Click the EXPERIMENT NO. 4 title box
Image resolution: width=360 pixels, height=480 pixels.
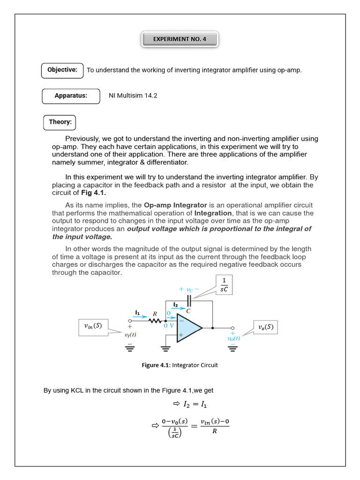tap(180, 39)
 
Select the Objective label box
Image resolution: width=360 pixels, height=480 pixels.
tap(62, 70)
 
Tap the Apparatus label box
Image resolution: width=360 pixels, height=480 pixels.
tap(71, 96)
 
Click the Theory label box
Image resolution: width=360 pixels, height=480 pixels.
tap(60, 122)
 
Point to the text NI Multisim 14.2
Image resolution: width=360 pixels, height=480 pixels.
tap(133, 96)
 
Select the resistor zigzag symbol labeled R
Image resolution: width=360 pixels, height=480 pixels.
tap(155, 322)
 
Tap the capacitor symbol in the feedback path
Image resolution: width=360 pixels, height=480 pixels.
tap(188, 300)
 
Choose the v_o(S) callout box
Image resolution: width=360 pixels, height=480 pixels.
tap(265, 327)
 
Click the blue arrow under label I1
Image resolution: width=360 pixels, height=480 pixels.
tap(138, 317)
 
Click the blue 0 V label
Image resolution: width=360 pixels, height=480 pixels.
tap(169, 325)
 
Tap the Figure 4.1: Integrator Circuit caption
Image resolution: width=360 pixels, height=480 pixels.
tap(180, 365)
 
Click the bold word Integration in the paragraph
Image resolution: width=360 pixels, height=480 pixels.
tap(213, 213)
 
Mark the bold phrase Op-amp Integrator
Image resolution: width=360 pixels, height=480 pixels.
tap(175, 205)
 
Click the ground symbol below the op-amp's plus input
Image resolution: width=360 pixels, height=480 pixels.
tap(165, 348)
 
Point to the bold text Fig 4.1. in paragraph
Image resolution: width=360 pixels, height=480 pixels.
tap(94, 193)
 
